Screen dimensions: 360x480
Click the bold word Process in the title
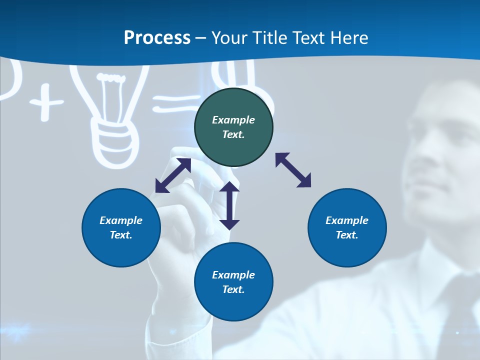tap(157, 38)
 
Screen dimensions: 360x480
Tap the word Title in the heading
tap(268, 38)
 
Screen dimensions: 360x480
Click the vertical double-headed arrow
tap(229, 205)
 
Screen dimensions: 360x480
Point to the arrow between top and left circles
tap(173, 175)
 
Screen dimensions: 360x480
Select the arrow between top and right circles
tap(293, 170)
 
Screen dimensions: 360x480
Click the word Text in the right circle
tap(346, 235)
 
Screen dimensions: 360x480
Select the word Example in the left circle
tap(121, 220)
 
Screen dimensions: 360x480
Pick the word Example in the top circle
tap(233, 120)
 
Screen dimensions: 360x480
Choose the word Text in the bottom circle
tap(233, 289)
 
